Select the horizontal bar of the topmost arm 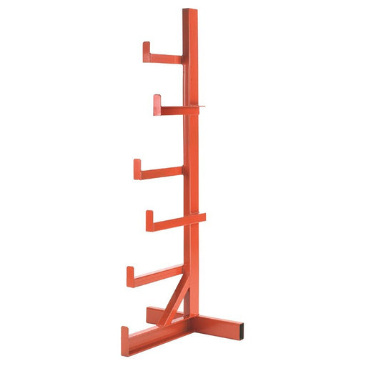164,59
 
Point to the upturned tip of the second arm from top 157,103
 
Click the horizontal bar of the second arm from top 172,110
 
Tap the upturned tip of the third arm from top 137,168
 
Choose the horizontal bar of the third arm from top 161,172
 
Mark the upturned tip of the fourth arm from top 150,219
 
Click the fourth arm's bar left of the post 169,223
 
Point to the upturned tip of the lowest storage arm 130,275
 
